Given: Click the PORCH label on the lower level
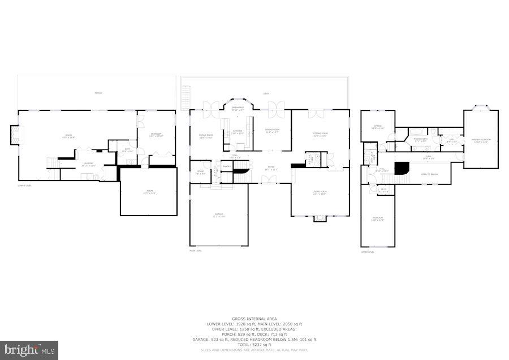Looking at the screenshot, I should tap(98, 93).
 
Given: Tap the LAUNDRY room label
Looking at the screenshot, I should tap(88, 164).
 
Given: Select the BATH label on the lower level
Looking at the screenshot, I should tap(128, 150).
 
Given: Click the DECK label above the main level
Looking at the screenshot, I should tap(265, 94).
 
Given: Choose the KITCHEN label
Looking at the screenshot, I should tap(238, 132).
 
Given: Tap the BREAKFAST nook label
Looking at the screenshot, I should tap(238, 108).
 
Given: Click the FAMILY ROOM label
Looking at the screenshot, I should tap(205, 135).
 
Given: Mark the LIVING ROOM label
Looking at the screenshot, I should tap(320, 192).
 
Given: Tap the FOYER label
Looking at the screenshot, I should tap(271, 168).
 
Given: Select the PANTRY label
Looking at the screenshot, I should tap(226, 166).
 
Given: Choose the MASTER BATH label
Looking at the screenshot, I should tap(420, 139).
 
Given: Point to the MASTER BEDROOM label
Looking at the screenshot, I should tap(481, 139).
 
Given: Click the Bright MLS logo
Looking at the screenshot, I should tap(29, 350).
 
